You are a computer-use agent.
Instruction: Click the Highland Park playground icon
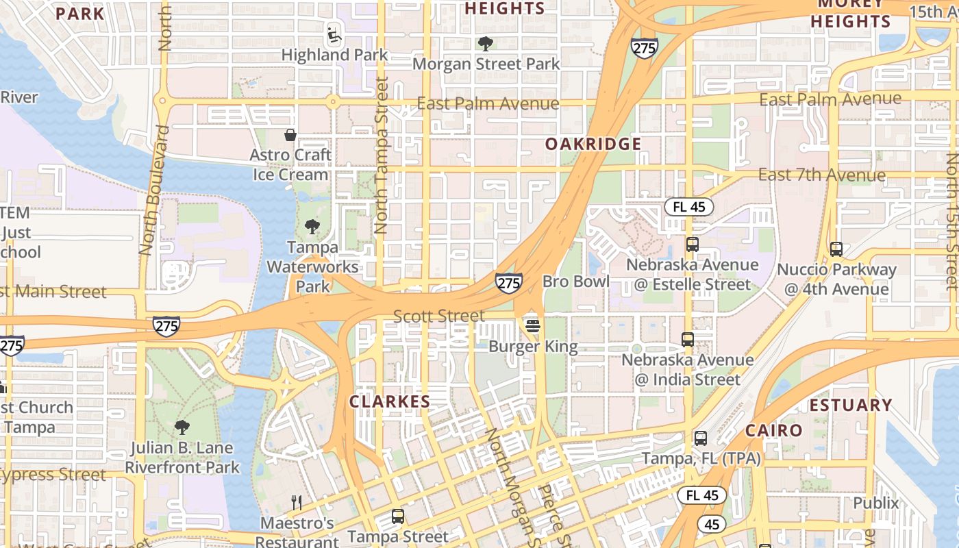[333, 34]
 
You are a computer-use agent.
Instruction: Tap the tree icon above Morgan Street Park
[486, 44]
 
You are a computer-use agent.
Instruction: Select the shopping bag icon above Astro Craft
[290, 135]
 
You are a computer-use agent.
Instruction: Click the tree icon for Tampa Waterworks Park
[312, 227]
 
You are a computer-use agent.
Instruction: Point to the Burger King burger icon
[533, 326]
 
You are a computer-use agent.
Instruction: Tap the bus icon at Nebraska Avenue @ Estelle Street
[692, 245]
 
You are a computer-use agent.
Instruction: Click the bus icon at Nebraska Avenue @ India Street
[688, 340]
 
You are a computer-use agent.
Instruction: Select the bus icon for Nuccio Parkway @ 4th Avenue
[836, 249]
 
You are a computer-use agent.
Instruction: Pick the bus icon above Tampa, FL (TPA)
[700, 438]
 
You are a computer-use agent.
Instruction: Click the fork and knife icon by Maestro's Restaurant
[297, 503]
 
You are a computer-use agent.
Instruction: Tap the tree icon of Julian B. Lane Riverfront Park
[182, 428]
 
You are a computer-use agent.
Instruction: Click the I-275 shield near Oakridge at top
[644, 47]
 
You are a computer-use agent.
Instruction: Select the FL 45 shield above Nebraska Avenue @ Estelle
[688, 207]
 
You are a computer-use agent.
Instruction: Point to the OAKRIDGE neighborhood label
[593, 144]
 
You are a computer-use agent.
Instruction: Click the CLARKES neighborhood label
[390, 402]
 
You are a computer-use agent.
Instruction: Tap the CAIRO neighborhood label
[773, 431]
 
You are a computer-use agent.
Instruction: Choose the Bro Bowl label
[575, 282]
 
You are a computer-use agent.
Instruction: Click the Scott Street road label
[438, 316]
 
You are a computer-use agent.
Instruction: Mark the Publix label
[875, 503]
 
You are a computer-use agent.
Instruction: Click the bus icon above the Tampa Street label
[398, 516]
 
